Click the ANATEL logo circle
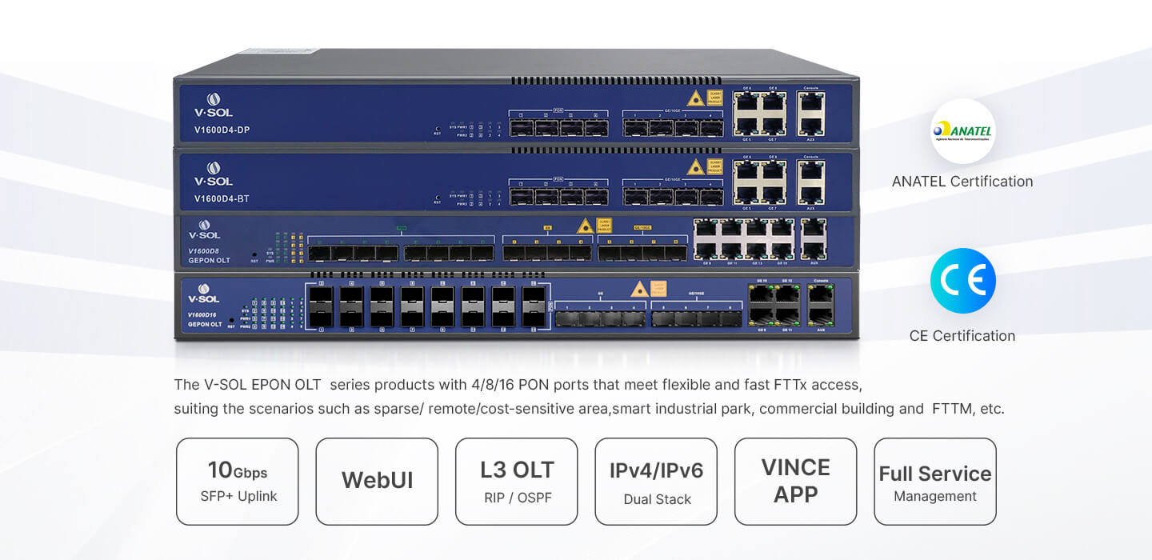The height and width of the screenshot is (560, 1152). point(962,131)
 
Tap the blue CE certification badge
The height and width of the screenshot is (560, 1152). point(962,281)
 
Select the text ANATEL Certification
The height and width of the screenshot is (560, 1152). point(962,182)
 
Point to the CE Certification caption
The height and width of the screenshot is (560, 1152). point(962,336)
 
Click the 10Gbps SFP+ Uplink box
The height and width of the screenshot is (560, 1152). point(238,482)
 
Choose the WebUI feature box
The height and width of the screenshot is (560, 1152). point(377,482)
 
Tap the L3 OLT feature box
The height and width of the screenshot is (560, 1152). point(516,482)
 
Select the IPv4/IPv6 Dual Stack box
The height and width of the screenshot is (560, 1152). point(656,482)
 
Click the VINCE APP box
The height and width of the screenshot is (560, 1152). point(795,482)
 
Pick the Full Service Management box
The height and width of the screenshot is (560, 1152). point(934,482)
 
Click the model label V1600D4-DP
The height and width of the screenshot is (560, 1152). point(222,130)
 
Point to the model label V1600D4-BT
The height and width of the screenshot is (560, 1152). point(222,198)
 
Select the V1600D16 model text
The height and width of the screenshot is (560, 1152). point(202,315)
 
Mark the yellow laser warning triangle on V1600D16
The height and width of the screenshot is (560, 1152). point(638,290)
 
